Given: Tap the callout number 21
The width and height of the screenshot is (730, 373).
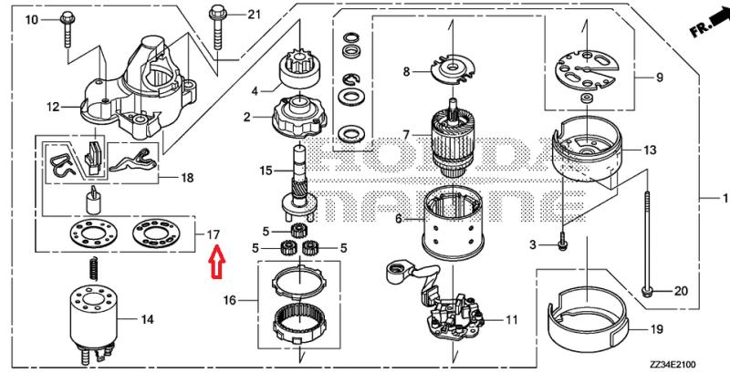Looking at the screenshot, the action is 254,15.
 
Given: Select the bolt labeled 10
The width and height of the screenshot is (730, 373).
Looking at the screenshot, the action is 67,30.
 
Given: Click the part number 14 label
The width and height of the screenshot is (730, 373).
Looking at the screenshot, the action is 147,319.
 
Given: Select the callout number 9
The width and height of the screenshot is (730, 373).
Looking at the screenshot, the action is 660,78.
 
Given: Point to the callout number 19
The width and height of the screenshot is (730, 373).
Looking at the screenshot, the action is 656,330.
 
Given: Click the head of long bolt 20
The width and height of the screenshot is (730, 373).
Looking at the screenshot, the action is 646,292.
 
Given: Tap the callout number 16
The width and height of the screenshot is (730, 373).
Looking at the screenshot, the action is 230,300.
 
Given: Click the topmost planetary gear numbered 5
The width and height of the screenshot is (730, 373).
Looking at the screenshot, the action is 294,230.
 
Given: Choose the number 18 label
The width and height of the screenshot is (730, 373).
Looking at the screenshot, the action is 187,178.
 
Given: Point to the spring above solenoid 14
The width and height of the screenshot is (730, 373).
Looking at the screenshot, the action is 94,269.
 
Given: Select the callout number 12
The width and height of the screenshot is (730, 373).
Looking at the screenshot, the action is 53,107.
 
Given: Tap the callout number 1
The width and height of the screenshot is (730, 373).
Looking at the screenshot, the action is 725,199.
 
